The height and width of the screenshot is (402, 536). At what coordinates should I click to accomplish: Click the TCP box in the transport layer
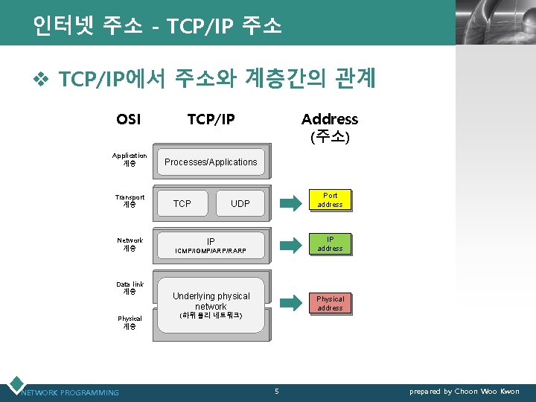pyautogui.click(x=182, y=203)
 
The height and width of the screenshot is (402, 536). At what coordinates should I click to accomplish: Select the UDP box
pyautogui.click(x=240, y=203)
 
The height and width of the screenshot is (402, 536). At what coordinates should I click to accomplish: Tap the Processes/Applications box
pyautogui.click(x=210, y=162)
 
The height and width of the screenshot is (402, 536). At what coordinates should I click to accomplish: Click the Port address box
pyautogui.click(x=330, y=200)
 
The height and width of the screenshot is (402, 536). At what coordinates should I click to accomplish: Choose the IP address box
pyautogui.click(x=330, y=244)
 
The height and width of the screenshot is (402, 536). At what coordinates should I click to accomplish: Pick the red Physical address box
pyautogui.click(x=330, y=303)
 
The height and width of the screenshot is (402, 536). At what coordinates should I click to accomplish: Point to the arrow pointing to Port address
pyautogui.click(x=288, y=201)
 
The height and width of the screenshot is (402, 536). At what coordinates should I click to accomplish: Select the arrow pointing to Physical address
pyautogui.click(x=288, y=303)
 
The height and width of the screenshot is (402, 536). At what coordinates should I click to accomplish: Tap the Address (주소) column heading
pyautogui.click(x=329, y=127)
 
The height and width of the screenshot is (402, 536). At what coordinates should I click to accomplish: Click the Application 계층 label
pyautogui.click(x=130, y=159)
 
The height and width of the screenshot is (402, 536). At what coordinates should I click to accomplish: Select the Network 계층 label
pyautogui.click(x=130, y=244)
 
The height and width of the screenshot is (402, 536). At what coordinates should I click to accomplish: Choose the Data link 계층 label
pyautogui.click(x=130, y=288)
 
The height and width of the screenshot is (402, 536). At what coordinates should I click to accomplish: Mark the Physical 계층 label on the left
pyautogui.click(x=130, y=322)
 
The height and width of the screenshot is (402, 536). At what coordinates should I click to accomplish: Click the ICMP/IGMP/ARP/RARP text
pyautogui.click(x=211, y=252)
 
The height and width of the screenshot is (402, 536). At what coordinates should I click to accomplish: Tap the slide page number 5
pyautogui.click(x=276, y=392)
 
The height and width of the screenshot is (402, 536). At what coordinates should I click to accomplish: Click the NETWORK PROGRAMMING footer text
pyautogui.click(x=70, y=392)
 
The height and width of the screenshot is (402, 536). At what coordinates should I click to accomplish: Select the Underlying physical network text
pyautogui.click(x=211, y=301)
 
